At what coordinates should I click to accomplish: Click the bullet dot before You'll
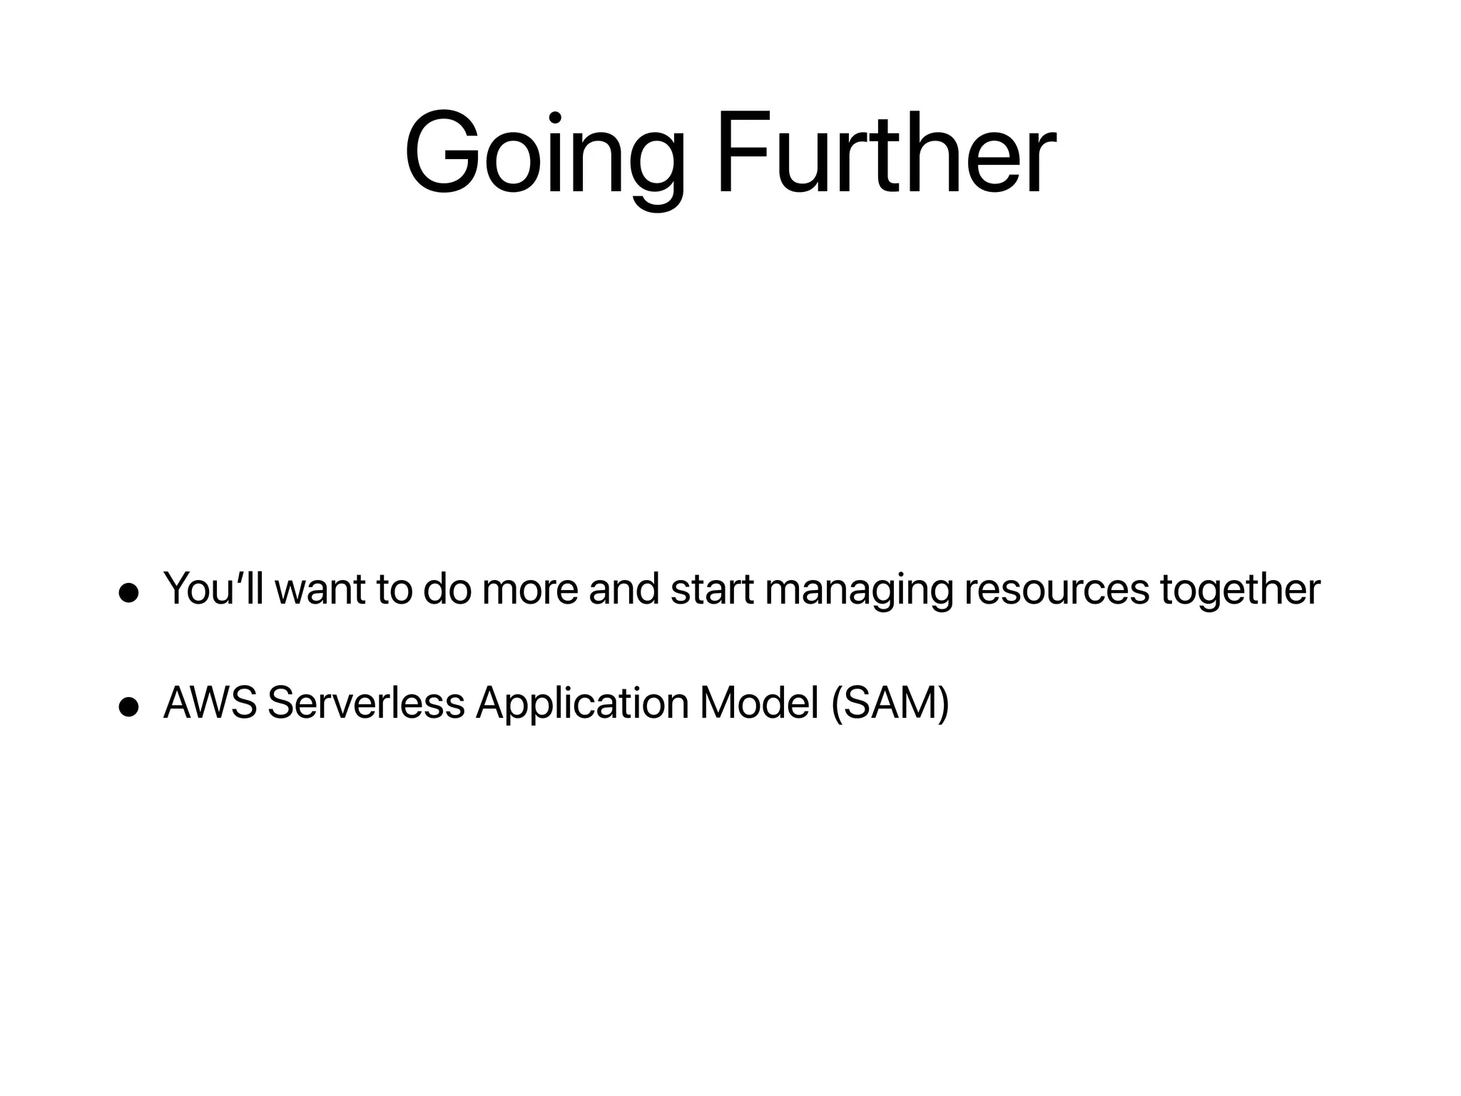128,594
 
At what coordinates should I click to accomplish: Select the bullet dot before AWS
128,706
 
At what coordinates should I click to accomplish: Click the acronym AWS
210,703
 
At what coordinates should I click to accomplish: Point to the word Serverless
366,703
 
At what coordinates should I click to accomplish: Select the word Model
759,703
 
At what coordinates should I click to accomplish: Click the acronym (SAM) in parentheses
890,704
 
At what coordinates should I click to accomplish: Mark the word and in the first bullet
624,589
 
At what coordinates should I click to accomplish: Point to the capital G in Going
441,153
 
